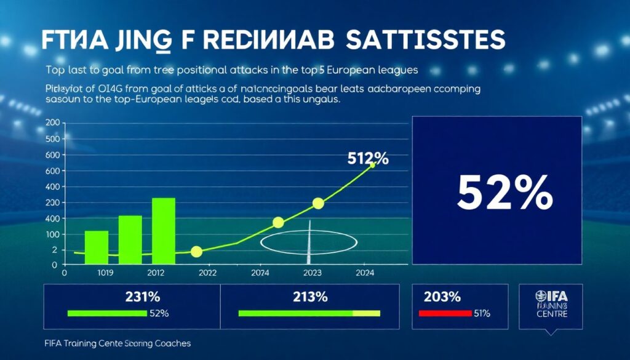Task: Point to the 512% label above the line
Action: pyautogui.click(x=368, y=159)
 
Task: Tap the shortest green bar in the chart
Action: pyautogui.click(x=96, y=246)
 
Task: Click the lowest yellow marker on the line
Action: pyautogui.click(x=196, y=251)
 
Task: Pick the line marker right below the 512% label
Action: pyautogui.click(x=372, y=166)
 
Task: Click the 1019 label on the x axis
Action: pyautogui.click(x=98, y=273)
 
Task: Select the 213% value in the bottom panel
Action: pyautogui.click(x=309, y=297)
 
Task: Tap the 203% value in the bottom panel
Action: pyautogui.click(x=442, y=297)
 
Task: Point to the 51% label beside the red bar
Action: pyautogui.click(x=482, y=313)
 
